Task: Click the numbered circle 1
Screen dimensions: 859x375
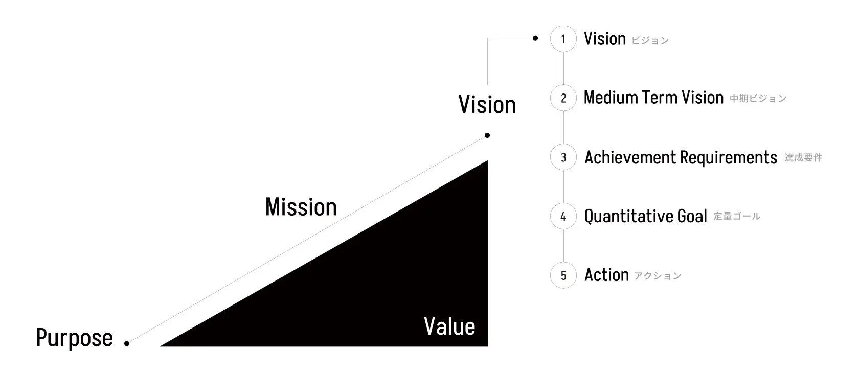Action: click(x=563, y=39)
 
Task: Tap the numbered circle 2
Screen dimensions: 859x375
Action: click(x=563, y=98)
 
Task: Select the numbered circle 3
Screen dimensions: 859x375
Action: click(x=563, y=157)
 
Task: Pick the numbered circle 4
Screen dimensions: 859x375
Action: click(x=563, y=217)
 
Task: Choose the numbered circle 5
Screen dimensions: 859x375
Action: click(x=563, y=275)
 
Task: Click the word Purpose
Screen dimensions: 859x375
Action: click(x=75, y=338)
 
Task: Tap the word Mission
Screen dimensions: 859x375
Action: click(x=301, y=207)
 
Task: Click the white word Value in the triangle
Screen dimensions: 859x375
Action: click(x=449, y=327)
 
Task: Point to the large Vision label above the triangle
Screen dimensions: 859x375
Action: click(x=487, y=105)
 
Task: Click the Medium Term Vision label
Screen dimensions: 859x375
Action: click(x=653, y=98)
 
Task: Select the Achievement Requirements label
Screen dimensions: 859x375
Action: click(x=681, y=157)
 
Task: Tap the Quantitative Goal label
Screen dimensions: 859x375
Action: click(x=646, y=217)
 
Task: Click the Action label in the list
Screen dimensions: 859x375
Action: click(x=606, y=275)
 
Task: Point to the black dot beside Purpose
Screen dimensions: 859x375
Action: click(x=127, y=344)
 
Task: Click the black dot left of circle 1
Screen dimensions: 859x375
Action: click(x=535, y=38)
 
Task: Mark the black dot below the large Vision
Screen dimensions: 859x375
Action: click(x=487, y=135)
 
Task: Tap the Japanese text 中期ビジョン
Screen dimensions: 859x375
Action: click(x=758, y=99)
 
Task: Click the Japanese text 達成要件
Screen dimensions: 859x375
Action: click(x=803, y=158)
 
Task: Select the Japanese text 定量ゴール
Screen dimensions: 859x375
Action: click(x=737, y=217)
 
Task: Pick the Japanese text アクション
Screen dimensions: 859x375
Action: click(x=658, y=276)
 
